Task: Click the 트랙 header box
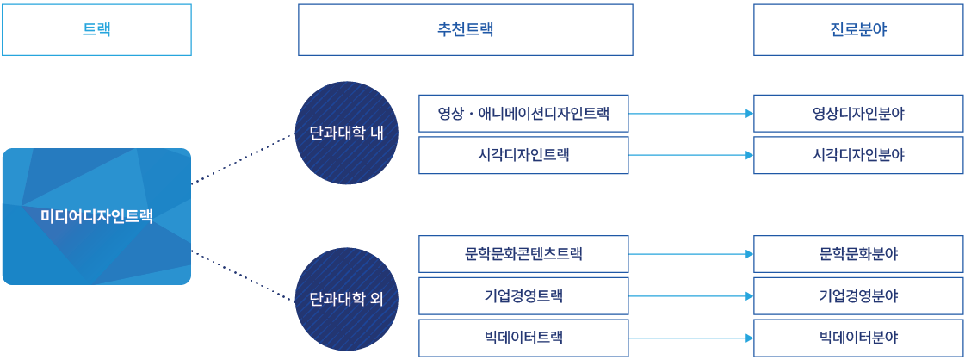pos(96,29)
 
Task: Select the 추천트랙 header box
pos(465,29)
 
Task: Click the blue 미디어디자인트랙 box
pos(96,216)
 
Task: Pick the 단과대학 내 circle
pos(346,133)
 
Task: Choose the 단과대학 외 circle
pos(346,300)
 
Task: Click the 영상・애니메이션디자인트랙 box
pos(523,113)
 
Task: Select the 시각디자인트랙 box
pos(523,155)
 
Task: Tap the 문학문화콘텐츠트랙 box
pos(523,254)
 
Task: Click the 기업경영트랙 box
pos(523,296)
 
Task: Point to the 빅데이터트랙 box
pos(523,338)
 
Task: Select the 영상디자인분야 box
pos(858,113)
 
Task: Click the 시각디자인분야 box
pos(858,155)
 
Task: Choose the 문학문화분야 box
pos(858,254)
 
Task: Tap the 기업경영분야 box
pos(858,296)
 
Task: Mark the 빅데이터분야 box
pos(858,338)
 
